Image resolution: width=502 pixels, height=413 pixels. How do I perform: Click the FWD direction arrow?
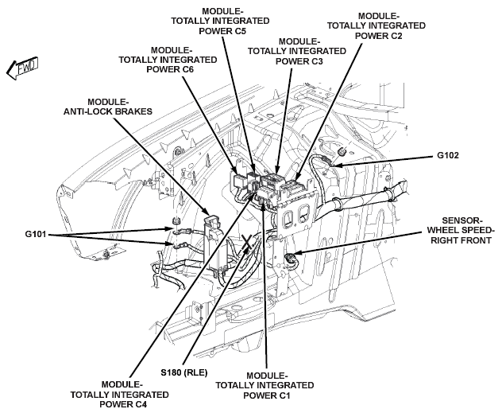coord(21,68)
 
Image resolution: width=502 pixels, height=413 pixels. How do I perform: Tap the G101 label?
coord(36,234)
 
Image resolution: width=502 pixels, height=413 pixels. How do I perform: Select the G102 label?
coord(447,155)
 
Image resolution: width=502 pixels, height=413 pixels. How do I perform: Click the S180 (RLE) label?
coord(184,372)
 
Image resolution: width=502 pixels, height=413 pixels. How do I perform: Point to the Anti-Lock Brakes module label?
coord(108,107)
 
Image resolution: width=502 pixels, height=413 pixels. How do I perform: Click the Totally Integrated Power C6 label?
coord(168,60)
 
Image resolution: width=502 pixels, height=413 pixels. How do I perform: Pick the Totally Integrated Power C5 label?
coord(220,21)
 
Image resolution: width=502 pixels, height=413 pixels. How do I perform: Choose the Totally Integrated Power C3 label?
coord(297,51)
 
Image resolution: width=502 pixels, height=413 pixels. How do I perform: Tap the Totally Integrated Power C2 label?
coord(376,25)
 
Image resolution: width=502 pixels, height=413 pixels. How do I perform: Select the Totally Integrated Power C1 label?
coord(265,385)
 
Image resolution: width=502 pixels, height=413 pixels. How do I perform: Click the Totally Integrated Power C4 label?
coord(119,395)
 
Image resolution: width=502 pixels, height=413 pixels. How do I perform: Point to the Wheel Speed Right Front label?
coord(461,230)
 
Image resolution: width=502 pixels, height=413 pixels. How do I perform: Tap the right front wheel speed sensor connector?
coord(291,257)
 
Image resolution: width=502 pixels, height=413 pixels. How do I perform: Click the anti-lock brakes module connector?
coord(211,222)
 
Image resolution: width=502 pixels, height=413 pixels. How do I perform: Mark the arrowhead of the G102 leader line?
coord(334,166)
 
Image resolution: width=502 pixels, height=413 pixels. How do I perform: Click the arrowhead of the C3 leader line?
coord(276,170)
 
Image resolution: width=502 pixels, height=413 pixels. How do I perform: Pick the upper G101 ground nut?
coord(175,220)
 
